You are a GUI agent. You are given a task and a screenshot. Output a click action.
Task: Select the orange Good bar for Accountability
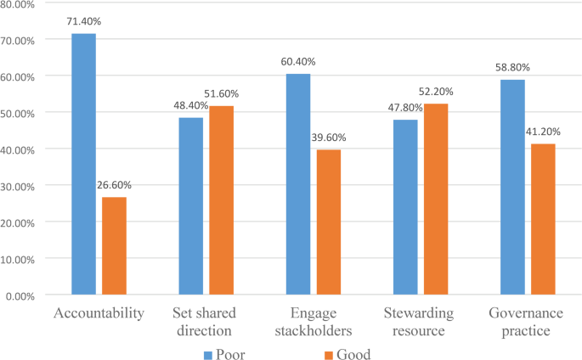(x=114, y=246)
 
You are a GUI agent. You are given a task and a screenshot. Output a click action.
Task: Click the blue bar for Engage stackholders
(x=298, y=184)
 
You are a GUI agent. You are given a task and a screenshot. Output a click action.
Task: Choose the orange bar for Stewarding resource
(x=437, y=200)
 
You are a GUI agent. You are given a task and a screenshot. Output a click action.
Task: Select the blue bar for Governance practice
(x=512, y=187)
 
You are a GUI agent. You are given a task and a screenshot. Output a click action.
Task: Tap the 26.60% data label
(x=113, y=184)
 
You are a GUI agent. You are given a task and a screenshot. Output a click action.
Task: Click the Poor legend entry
(x=230, y=353)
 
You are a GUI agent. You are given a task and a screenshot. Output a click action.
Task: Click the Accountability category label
(x=98, y=312)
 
